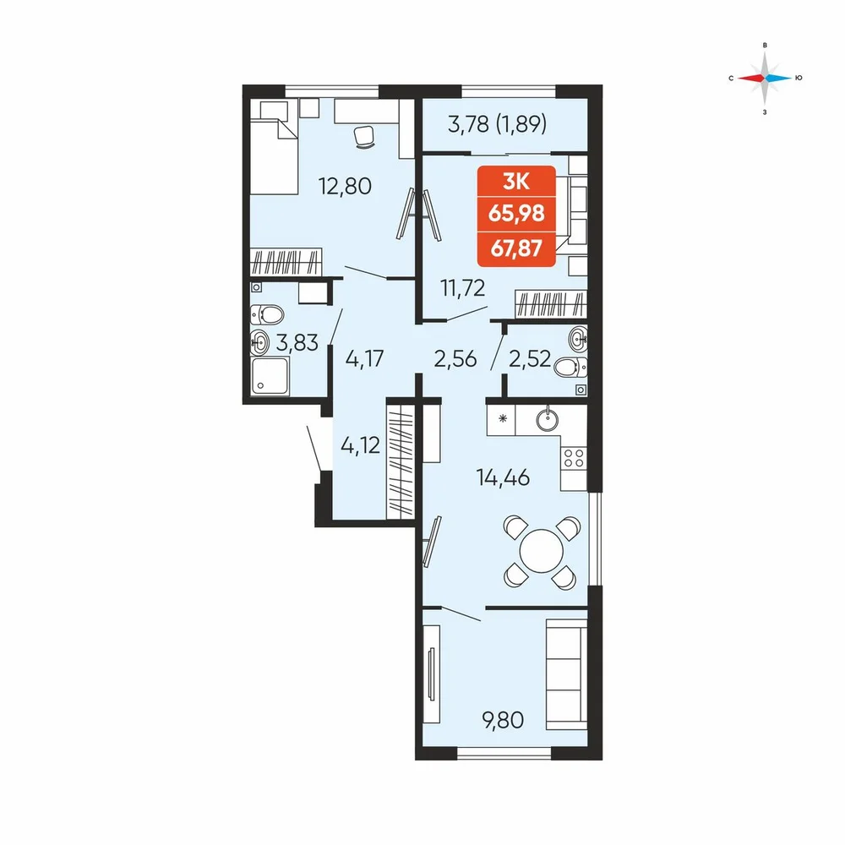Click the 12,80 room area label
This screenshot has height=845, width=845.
[345, 186]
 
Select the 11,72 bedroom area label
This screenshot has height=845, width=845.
[463, 288]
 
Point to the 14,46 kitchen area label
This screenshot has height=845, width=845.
[503, 477]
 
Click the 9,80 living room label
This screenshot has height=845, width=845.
[503, 719]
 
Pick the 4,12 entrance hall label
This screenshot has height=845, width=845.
[361, 445]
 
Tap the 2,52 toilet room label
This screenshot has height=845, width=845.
[529, 358]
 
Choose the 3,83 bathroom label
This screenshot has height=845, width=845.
[297, 342]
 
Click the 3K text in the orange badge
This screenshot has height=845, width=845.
[516, 182]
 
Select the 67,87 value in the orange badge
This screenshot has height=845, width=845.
[516, 248]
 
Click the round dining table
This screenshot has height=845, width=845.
[541, 551]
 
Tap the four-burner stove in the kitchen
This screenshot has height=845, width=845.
[574, 458]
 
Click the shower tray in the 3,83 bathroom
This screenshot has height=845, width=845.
[270, 376]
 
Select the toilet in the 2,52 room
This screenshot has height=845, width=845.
[570, 368]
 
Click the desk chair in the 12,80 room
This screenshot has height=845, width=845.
[365, 136]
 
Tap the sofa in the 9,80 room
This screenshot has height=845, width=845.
[566, 674]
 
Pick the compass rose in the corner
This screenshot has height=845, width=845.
[765, 79]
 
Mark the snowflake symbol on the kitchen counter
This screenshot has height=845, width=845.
[502, 418]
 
